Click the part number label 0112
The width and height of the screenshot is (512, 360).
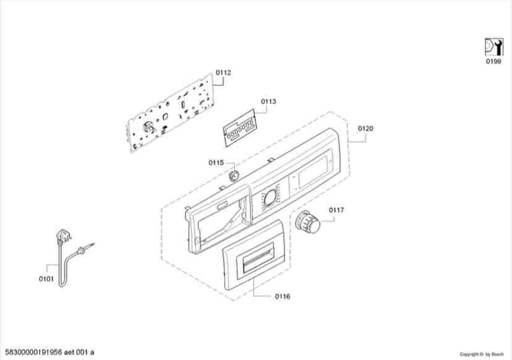pyautogui.click(x=223, y=72)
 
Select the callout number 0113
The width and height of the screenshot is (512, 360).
pyautogui.click(x=268, y=101)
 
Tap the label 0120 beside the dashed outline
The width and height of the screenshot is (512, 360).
pyautogui.click(x=365, y=129)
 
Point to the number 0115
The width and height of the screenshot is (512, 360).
pyautogui.click(x=216, y=163)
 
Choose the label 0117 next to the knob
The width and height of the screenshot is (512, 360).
pyautogui.click(x=336, y=210)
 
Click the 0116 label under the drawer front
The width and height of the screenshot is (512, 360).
pyautogui.click(x=283, y=296)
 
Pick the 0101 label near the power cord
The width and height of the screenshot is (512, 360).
pyautogui.click(x=46, y=279)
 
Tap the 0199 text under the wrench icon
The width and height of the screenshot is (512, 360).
pyautogui.click(x=493, y=61)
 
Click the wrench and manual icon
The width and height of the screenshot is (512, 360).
pyautogui.click(x=493, y=47)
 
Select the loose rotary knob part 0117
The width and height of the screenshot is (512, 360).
pyautogui.click(x=307, y=222)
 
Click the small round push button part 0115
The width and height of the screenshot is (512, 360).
pyautogui.click(x=234, y=175)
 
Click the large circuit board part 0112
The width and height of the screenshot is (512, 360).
pyautogui.click(x=171, y=113)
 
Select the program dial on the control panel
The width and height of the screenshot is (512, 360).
pyautogui.click(x=270, y=198)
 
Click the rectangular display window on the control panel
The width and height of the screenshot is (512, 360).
pyautogui.click(x=313, y=172)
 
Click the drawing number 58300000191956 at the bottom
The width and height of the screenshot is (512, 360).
pyautogui.click(x=33, y=353)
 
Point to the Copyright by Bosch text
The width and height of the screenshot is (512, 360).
pyautogui.click(x=482, y=354)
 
